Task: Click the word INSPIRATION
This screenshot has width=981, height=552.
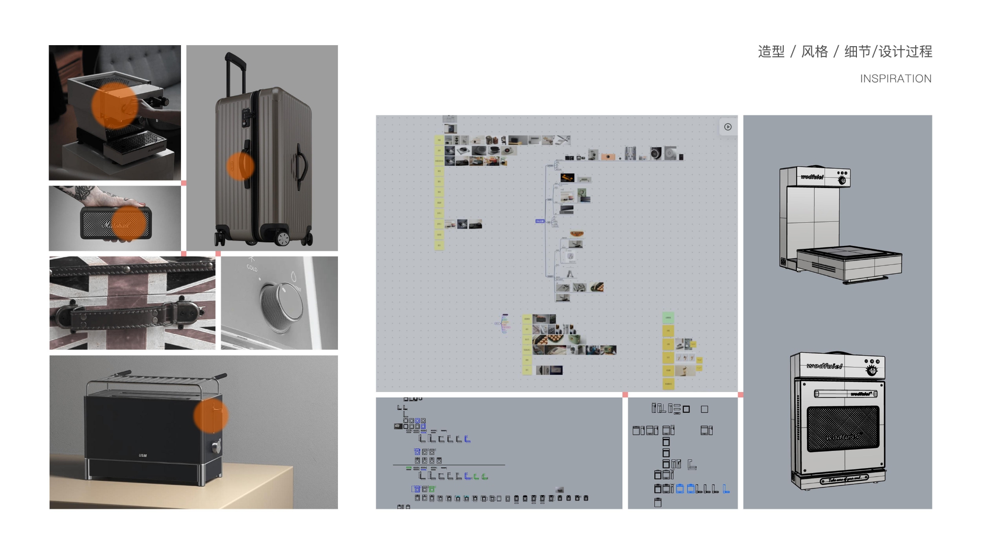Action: [895, 79]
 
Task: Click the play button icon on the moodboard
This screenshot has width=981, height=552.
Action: [728, 127]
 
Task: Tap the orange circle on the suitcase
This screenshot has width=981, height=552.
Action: [240, 166]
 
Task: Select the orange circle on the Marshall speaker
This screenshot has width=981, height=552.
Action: [129, 223]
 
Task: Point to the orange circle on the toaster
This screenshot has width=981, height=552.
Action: [211, 415]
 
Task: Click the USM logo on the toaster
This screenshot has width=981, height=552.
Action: [143, 455]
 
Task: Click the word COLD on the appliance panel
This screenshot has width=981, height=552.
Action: [252, 267]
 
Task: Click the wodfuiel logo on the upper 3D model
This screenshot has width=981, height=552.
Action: [812, 177]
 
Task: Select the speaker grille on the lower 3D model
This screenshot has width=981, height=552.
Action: [843, 429]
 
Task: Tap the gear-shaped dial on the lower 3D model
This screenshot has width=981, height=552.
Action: [872, 370]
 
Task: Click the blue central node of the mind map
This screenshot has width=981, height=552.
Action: [540, 221]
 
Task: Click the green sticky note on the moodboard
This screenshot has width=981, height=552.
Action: [668, 318]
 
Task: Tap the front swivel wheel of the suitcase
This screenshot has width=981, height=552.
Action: [283, 238]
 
